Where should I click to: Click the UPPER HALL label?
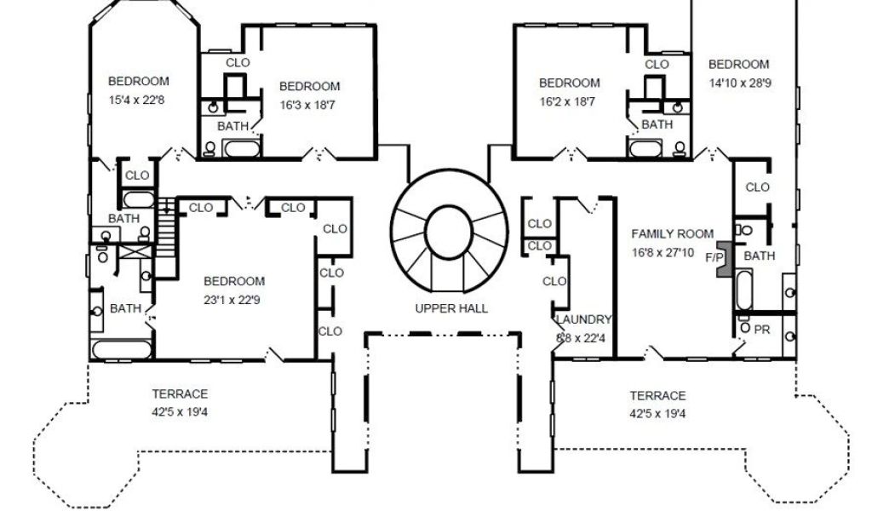tap(451, 308)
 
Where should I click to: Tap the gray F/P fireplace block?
tap(724, 260)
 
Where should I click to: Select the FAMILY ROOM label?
tap(673, 234)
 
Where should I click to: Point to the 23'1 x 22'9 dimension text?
tap(232, 301)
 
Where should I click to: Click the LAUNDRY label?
tap(584, 319)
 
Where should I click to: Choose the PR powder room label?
tap(762, 330)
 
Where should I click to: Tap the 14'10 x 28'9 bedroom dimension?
tap(740, 83)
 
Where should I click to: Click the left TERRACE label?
tap(181, 394)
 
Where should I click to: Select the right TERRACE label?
tap(657, 396)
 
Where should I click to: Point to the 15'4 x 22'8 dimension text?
tap(137, 100)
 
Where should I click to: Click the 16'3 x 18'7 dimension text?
tap(307, 105)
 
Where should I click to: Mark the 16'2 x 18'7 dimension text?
tap(567, 102)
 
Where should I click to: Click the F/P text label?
tap(714, 258)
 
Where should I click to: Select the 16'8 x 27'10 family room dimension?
tap(663, 253)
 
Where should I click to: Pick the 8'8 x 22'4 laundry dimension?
tap(581, 338)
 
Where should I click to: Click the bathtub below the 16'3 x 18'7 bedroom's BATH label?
tap(241, 148)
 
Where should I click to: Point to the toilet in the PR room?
tap(744, 328)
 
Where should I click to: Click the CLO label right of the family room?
tap(757, 187)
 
